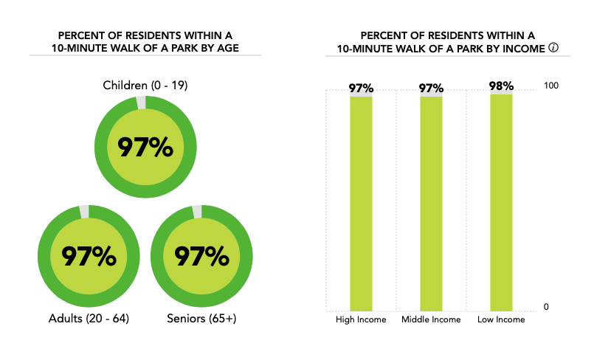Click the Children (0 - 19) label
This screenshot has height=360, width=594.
[145, 86]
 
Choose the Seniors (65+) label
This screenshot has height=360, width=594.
[201, 319]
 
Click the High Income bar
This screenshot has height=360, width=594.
[361, 203]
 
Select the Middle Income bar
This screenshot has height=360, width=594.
[431, 203]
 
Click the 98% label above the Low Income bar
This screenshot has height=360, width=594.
[501, 86]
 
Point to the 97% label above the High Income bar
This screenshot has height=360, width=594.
[361, 89]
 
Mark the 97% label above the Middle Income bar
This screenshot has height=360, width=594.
[431, 89]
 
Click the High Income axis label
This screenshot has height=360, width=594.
[361, 319]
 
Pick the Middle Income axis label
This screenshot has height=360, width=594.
[431, 319]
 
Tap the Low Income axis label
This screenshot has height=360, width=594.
[501, 319]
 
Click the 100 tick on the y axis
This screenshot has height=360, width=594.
[550, 86]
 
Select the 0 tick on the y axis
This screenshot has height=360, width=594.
[546, 307]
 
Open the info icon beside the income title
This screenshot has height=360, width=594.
[553, 48]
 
